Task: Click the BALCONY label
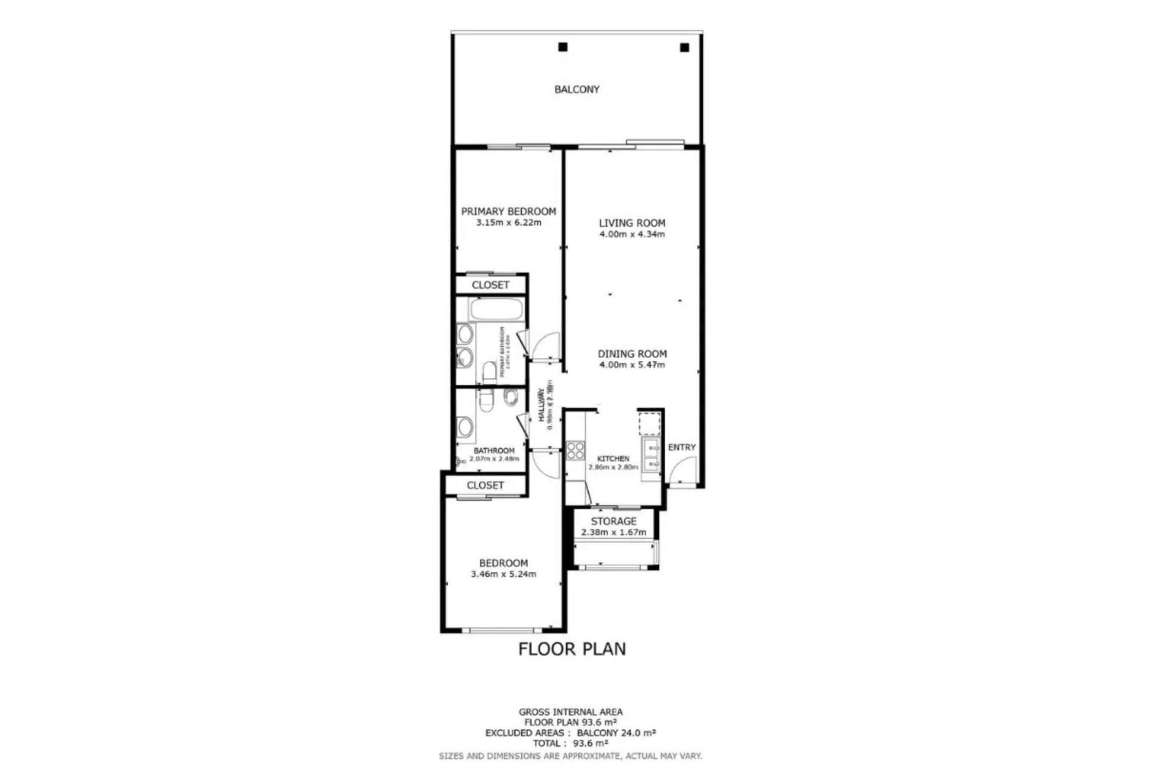tap(577, 89)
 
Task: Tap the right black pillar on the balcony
tap(684, 47)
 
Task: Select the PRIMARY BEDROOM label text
tap(508, 211)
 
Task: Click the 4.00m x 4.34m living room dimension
tap(632, 234)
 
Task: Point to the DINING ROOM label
tap(632, 353)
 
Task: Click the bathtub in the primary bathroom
tap(497, 310)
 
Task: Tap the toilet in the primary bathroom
tap(489, 371)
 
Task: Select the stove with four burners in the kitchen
tap(575, 451)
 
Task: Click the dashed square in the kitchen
tap(650, 423)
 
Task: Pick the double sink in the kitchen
tap(651, 456)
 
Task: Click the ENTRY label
tap(682, 447)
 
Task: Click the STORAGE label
tap(613, 521)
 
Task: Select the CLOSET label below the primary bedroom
tap(490, 285)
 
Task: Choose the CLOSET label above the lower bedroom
tap(485, 485)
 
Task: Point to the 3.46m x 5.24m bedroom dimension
tap(503, 574)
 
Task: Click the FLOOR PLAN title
tap(572, 649)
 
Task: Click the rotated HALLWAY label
tap(541, 405)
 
